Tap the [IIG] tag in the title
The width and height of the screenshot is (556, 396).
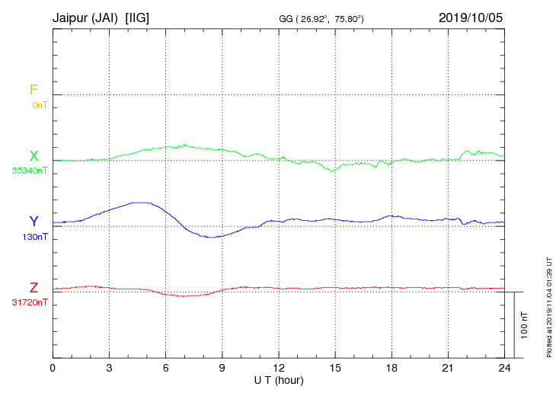(139, 17)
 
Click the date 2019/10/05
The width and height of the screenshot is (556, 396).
(471, 17)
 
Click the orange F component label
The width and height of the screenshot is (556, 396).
(34, 90)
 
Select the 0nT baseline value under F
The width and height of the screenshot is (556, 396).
(40, 104)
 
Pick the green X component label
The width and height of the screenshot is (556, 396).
(34, 156)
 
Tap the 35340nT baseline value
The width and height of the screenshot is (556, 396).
(30, 171)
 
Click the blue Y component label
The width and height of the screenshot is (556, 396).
(34, 222)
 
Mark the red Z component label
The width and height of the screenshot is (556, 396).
(34, 288)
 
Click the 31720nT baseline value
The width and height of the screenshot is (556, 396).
(30, 302)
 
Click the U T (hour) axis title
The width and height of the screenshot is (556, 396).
(279, 380)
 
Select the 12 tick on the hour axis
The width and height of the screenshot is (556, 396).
(279, 368)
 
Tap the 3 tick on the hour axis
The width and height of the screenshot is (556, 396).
(110, 368)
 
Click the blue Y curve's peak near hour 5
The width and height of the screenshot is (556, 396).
(141, 203)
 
